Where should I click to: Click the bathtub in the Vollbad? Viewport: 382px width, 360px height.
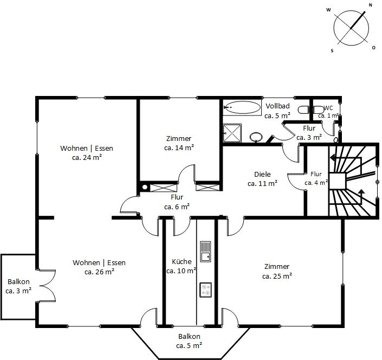pos(242,107)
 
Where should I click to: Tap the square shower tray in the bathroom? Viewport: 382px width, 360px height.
pos(232,133)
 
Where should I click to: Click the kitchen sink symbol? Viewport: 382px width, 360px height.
pos(205,252)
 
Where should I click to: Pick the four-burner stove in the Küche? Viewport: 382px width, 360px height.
pos(205,290)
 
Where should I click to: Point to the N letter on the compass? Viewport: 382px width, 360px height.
pos(371,5)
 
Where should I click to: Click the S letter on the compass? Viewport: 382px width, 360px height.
pos(332,51)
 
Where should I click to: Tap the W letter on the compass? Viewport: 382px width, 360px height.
pos(329,10)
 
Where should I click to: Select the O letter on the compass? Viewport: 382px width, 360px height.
pos(373,48)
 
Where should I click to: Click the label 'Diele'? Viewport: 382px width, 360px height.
pos(262,174)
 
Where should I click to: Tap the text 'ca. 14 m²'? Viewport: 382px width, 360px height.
pos(179,147)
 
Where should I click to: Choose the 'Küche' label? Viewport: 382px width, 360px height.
pos(182,261)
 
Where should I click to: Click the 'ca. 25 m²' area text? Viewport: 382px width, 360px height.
pos(277,276)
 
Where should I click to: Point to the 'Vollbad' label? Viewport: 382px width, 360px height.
pos(277,106)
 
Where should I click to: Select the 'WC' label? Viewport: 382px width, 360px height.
pos(328,108)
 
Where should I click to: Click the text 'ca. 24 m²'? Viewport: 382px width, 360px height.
pos(87,157)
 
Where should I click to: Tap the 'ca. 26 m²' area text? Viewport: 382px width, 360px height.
pos(99,272)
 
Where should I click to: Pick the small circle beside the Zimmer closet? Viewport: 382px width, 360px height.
pos(145,187)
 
